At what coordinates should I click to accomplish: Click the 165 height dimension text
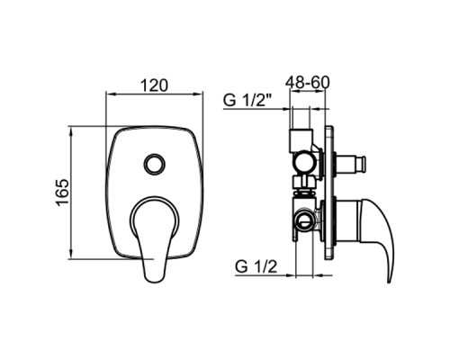point(61,193)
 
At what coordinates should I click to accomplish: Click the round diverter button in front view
point(154,164)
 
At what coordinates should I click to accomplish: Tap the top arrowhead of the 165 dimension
point(73,130)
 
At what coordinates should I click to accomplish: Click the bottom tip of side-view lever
point(390,279)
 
